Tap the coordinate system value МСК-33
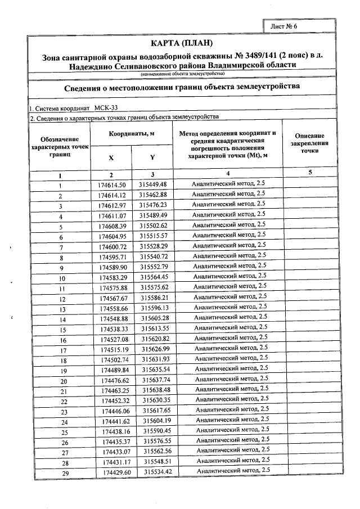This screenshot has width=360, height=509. click(106, 107)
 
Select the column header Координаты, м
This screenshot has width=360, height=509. click(131, 134)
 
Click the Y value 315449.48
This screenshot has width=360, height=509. click(153, 184)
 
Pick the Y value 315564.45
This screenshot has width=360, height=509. click(154, 277)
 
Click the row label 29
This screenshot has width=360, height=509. click(65, 472)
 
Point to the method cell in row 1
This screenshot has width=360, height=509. click(228, 184)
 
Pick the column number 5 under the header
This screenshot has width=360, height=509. click(309, 173)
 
